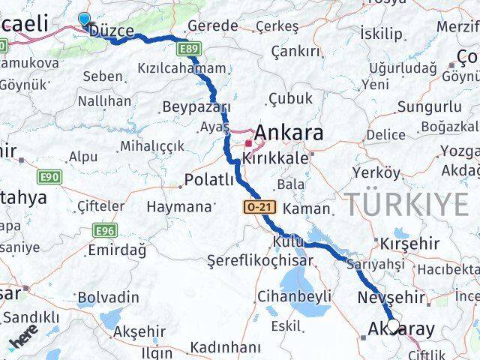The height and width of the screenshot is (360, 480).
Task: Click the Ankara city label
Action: [289, 133]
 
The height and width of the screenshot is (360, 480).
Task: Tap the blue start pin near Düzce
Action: [83, 20]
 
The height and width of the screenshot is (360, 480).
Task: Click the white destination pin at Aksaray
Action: [392, 327]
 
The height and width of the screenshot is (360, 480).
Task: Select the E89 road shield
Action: [189, 49]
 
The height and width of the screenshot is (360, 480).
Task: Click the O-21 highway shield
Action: [256, 206]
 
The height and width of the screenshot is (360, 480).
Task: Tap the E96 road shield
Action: [104, 230]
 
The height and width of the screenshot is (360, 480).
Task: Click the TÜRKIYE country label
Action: [406, 203]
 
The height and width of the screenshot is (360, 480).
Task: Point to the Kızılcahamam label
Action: [181, 68]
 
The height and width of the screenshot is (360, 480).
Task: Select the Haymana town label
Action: [179, 206]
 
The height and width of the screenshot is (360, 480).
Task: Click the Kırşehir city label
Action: [409, 244]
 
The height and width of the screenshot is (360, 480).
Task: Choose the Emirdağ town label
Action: [113, 249]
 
